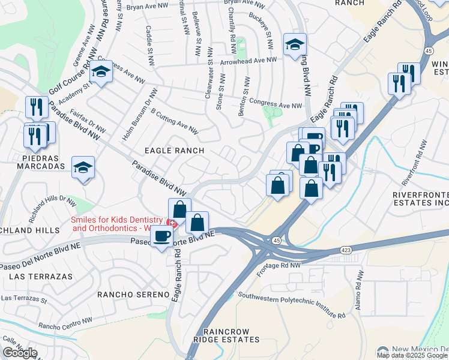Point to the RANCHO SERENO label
tap(134, 295)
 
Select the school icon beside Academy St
tap(101, 72)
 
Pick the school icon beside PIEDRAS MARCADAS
tap(83, 167)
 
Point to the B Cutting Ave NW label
tap(174, 121)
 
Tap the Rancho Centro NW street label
tap(60, 326)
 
